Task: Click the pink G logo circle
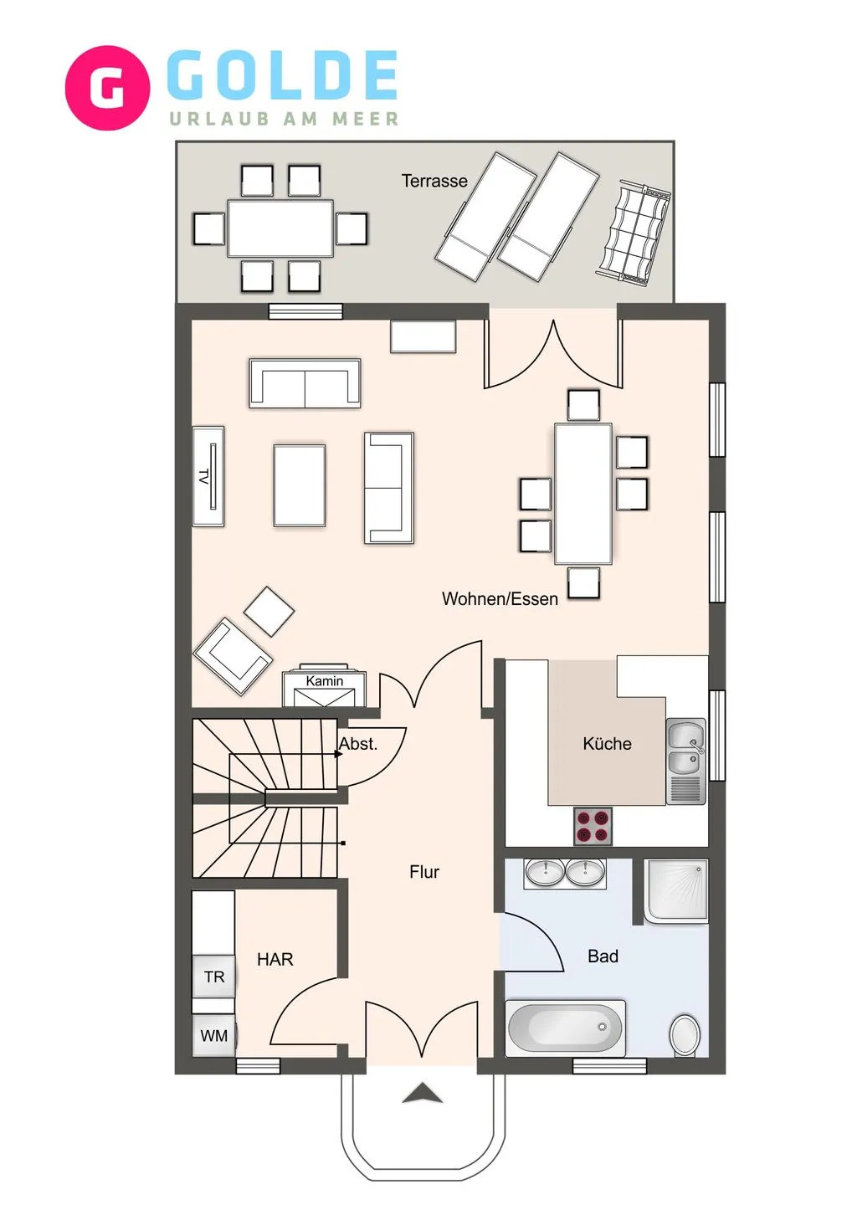click(107, 88)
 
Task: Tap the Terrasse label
click(434, 181)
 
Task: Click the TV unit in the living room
click(208, 476)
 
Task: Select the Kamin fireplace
click(324, 688)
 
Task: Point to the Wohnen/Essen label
click(500, 599)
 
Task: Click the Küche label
click(607, 744)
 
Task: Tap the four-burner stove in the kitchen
click(593, 826)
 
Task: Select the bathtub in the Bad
click(565, 1027)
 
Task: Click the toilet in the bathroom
click(685, 1035)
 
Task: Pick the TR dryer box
click(214, 977)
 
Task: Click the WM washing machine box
click(214, 1036)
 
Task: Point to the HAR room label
click(275, 960)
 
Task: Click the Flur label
click(424, 872)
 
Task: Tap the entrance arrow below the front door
click(422, 1093)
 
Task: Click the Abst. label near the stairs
click(358, 744)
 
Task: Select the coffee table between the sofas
click(300, 485)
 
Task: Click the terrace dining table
click(280, 228)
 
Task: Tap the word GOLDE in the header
click(282, 75)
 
